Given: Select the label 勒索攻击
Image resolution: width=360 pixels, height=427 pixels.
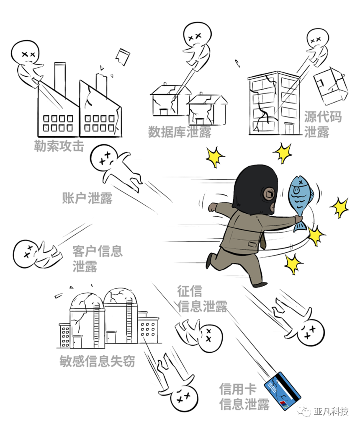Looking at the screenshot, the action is click(x=59, y=146).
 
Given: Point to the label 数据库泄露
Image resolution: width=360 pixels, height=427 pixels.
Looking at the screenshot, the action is click(x=180, y=132).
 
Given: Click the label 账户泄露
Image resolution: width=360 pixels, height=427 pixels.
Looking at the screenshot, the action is click(x=87, y=198).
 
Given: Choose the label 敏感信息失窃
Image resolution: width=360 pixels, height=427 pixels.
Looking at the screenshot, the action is click(x=98, y=361).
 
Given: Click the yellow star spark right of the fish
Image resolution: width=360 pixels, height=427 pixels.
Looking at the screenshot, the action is click(x=339, y=207).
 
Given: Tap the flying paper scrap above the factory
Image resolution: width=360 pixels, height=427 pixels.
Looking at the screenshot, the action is click(x=123, y=57).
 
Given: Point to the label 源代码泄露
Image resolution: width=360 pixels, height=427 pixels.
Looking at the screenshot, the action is click(x=323, y=124).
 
